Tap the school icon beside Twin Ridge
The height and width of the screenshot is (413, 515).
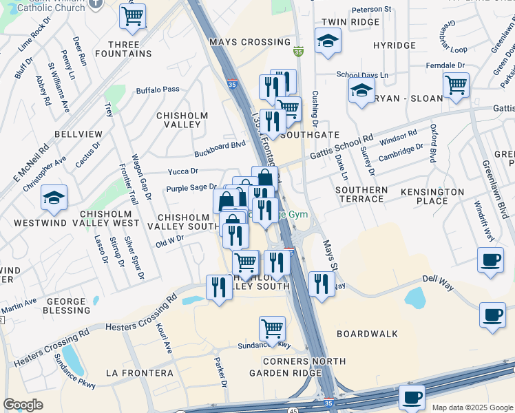coord(328,41)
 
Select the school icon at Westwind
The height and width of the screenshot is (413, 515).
coord(54,198)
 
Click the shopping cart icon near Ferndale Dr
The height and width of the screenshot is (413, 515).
coord(456,85)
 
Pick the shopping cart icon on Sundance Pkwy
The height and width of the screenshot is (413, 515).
coord(272,328)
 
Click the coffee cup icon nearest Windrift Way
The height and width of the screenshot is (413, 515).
coord(490,261)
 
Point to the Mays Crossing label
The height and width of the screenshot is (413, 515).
coord(240,42)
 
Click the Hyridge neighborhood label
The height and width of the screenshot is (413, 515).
coord(394,45)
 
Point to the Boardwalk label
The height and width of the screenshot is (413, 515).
coord(368,334)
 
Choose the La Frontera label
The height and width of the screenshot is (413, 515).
coord(140,373)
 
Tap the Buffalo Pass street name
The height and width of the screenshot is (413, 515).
coord(157,89)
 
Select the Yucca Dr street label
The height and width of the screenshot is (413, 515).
coord(183,171)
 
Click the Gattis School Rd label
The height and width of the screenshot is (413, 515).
coord(341,147)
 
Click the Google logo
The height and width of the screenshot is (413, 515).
coord(23,405)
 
